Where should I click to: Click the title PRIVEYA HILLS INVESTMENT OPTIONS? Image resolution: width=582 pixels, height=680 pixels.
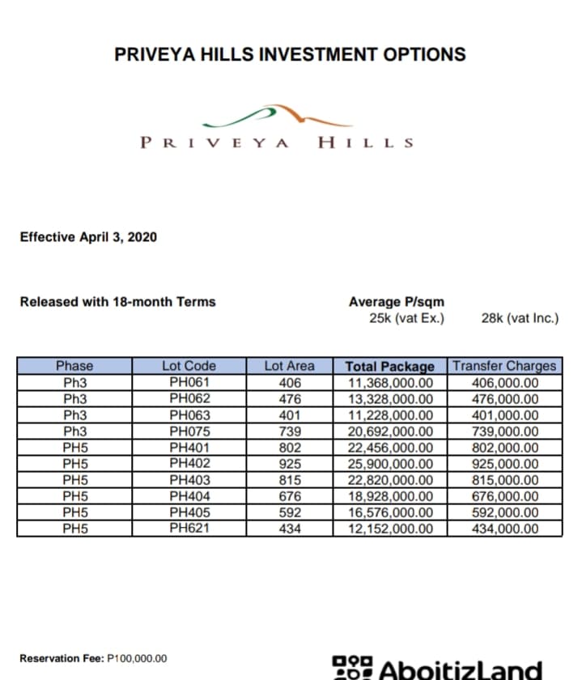coord(290,54)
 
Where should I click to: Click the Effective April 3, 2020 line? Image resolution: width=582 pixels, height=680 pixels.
coord(88,237)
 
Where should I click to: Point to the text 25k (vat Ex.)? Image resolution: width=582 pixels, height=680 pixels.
coord(406,318)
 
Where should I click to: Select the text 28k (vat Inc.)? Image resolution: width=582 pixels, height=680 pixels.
coord(519,318)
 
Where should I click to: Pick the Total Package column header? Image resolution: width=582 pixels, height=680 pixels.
coord(390,366)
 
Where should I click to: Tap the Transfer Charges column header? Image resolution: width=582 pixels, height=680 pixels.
coord(505,366)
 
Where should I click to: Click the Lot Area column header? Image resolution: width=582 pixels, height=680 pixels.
coord(289,366)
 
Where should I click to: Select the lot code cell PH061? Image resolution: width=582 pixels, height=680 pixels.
coord(189,382)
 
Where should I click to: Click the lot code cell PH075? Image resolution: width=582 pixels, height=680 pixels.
coord(189,431)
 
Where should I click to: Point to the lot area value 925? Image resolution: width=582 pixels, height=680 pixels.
coord(289,464)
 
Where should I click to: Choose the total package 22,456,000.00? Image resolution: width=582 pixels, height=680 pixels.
coord(390,448)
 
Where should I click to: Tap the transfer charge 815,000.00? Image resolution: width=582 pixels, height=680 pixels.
coord(505,480)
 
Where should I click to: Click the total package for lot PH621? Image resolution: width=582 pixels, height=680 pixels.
coord(390,529)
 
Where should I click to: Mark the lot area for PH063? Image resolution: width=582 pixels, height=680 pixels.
coord(289,415)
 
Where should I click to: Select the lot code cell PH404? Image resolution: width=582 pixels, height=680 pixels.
coord(189,496)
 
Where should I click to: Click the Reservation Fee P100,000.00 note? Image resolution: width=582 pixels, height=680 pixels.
coord(93,657)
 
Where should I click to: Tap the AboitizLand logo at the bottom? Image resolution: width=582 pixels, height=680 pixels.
coord(437,669)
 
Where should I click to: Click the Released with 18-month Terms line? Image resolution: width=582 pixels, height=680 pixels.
coord(117,302)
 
